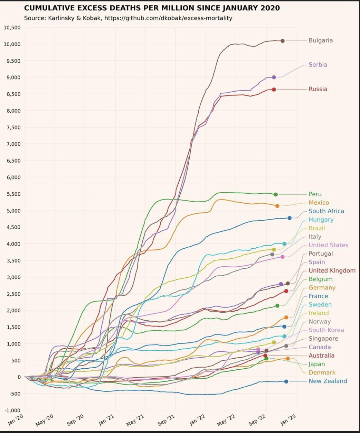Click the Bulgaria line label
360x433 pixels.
pos(321,40)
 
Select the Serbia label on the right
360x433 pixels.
pos(318,65)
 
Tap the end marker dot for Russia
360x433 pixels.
pos(274,90)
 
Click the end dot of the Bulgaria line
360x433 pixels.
pos(283,41)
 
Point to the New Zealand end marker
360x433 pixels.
pos(286,381)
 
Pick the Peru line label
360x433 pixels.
pos(315,194)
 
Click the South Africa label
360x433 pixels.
pos(326,211)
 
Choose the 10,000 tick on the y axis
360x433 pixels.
pos(12,44)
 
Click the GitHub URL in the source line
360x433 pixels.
pos(168,18)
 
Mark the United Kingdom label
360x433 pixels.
pos(332,270)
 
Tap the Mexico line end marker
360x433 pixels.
pos(277,206)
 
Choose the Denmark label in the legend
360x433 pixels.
pos(322,372)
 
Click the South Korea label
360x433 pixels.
pos(326,330)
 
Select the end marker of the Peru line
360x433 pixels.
pos(276,195)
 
